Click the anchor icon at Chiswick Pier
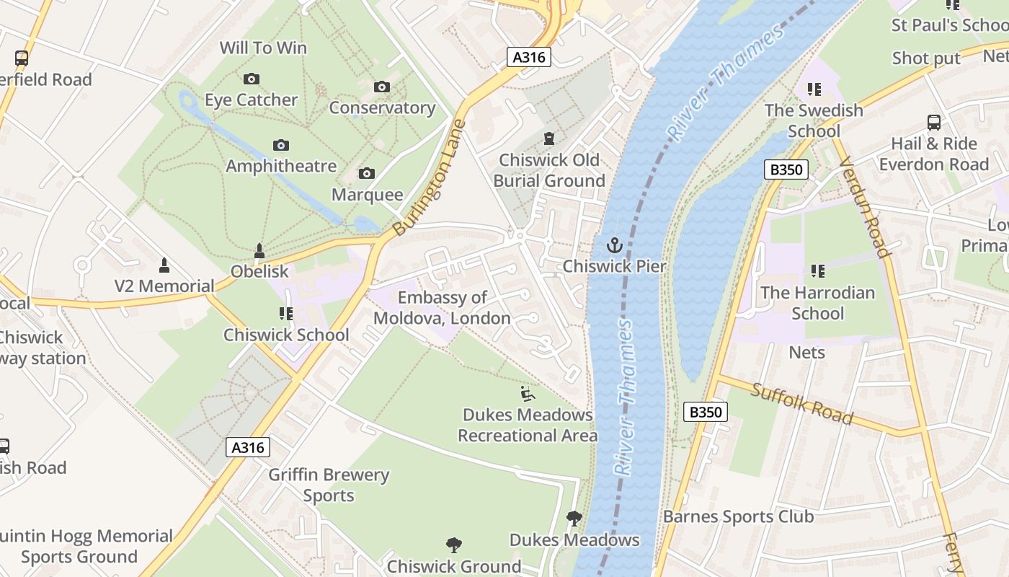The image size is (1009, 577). click(x=614, y=245)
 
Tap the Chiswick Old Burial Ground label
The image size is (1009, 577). click(x=549, y=170)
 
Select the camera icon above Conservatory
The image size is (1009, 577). click(x=382, y=87)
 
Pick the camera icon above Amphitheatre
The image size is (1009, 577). click(x=281, y=146)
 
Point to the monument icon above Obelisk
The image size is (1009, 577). click(x=259, y=251)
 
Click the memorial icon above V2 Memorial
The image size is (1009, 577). click(x=164, y=265)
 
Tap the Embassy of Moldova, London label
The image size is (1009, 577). click(x=442, y=308)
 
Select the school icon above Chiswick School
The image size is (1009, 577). click(x=286, y=314)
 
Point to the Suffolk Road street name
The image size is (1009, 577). click(x=801, y=404)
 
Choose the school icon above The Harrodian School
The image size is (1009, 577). click(x=817, y=271)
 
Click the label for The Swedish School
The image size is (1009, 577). click(x=814, y=120)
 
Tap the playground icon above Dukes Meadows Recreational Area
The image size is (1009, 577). click(x=528, y=394)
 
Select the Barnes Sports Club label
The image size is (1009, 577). click(x=738, y=516)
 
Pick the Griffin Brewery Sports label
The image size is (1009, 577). click(x=329, y=485)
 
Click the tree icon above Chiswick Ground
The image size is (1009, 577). click(x=453, y=545)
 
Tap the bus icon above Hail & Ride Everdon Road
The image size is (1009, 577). click(x=934, y=123)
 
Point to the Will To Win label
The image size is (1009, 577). click(x=263, y=48)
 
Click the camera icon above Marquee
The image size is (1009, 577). click(x=367, y=174)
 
